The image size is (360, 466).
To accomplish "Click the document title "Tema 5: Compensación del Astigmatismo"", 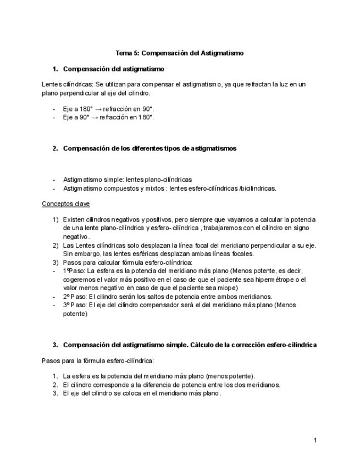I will point(179,53).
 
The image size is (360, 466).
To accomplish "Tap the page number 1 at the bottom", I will point(315,440).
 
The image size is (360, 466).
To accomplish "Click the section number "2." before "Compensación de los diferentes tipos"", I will point(56,148).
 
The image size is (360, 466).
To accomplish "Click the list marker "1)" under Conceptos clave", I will point(56,220).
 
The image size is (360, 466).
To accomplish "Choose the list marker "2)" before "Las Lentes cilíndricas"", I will point(56,245).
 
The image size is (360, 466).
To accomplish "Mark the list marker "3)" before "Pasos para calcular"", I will point(56,262).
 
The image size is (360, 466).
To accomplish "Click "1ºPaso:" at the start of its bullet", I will point(74,271).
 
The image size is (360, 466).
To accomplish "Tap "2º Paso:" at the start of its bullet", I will point(75,296).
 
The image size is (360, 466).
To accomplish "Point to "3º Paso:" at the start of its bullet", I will point(75,305).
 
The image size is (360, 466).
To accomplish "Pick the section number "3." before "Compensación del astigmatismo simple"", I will point(56,345).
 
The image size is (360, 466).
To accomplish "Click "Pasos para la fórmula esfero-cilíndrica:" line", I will point(98,361).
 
